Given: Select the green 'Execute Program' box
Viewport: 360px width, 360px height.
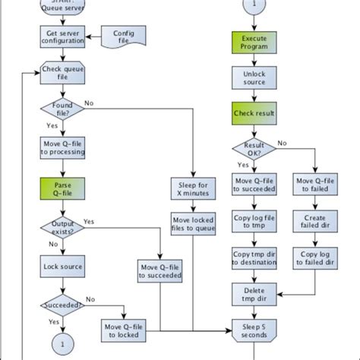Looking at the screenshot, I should pyautogui.click(x=254, y=42).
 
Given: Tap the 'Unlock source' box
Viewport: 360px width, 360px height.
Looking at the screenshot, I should pyautogui.click(x=254, y=77).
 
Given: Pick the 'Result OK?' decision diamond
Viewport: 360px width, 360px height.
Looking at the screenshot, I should pyautogui.click(x=254, y=147).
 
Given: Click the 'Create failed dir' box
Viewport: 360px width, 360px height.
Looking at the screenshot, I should pyautogui.click(x=315, y=222).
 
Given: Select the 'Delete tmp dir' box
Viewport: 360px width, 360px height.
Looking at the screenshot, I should pyautogui.click(x=254, y=295).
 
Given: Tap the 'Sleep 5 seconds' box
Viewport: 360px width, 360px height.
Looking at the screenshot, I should pyautogui.click(x=254, y=331).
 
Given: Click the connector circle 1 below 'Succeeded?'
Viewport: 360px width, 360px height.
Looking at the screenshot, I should pyautogui.click(x=59, y=343).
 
